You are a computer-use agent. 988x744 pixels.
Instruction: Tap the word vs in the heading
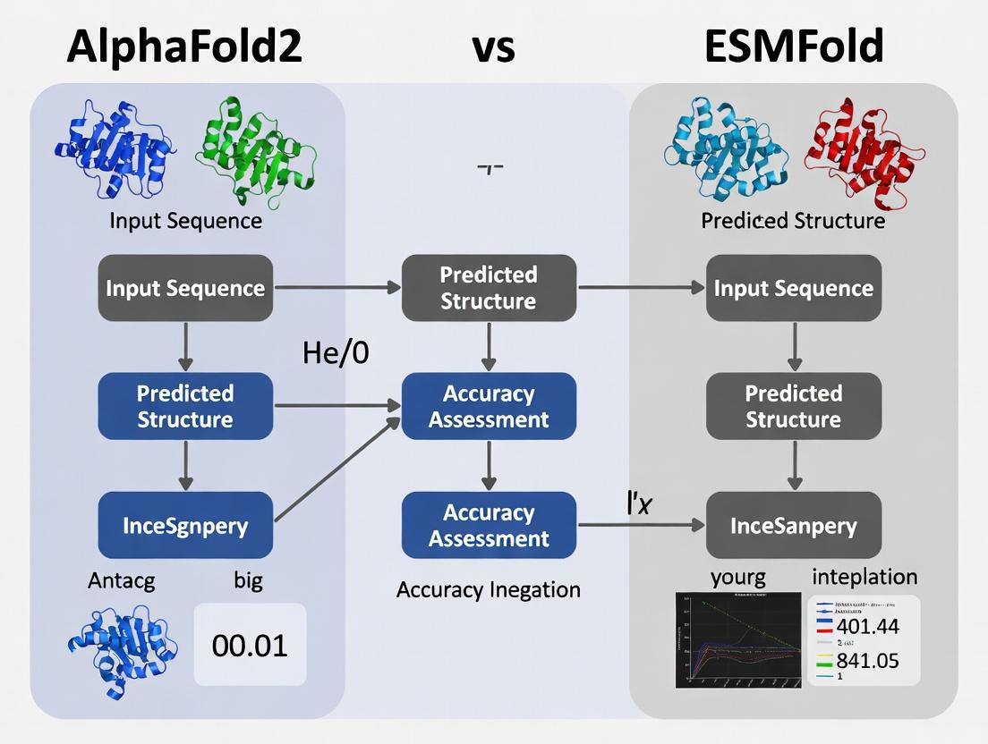point(493,46)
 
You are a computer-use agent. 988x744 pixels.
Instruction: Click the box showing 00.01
point(251,644)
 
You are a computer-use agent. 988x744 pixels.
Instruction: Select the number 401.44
point(867,626)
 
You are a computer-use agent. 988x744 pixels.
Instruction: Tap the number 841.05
point(867,661)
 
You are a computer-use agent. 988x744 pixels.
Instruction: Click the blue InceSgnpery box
point(185,525)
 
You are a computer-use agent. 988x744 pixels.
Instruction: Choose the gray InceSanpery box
point(794,525)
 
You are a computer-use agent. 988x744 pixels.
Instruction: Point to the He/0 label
point(336,352)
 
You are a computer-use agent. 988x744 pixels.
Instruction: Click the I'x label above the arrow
point(637,502)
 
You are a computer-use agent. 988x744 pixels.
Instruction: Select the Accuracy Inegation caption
point(489,589)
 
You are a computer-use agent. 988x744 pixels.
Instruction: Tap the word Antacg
point(122,580)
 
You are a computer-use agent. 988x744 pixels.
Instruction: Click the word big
point(248,580)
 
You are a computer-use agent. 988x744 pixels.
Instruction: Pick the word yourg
point(737,578)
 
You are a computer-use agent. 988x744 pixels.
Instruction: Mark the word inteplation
point(864,577)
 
